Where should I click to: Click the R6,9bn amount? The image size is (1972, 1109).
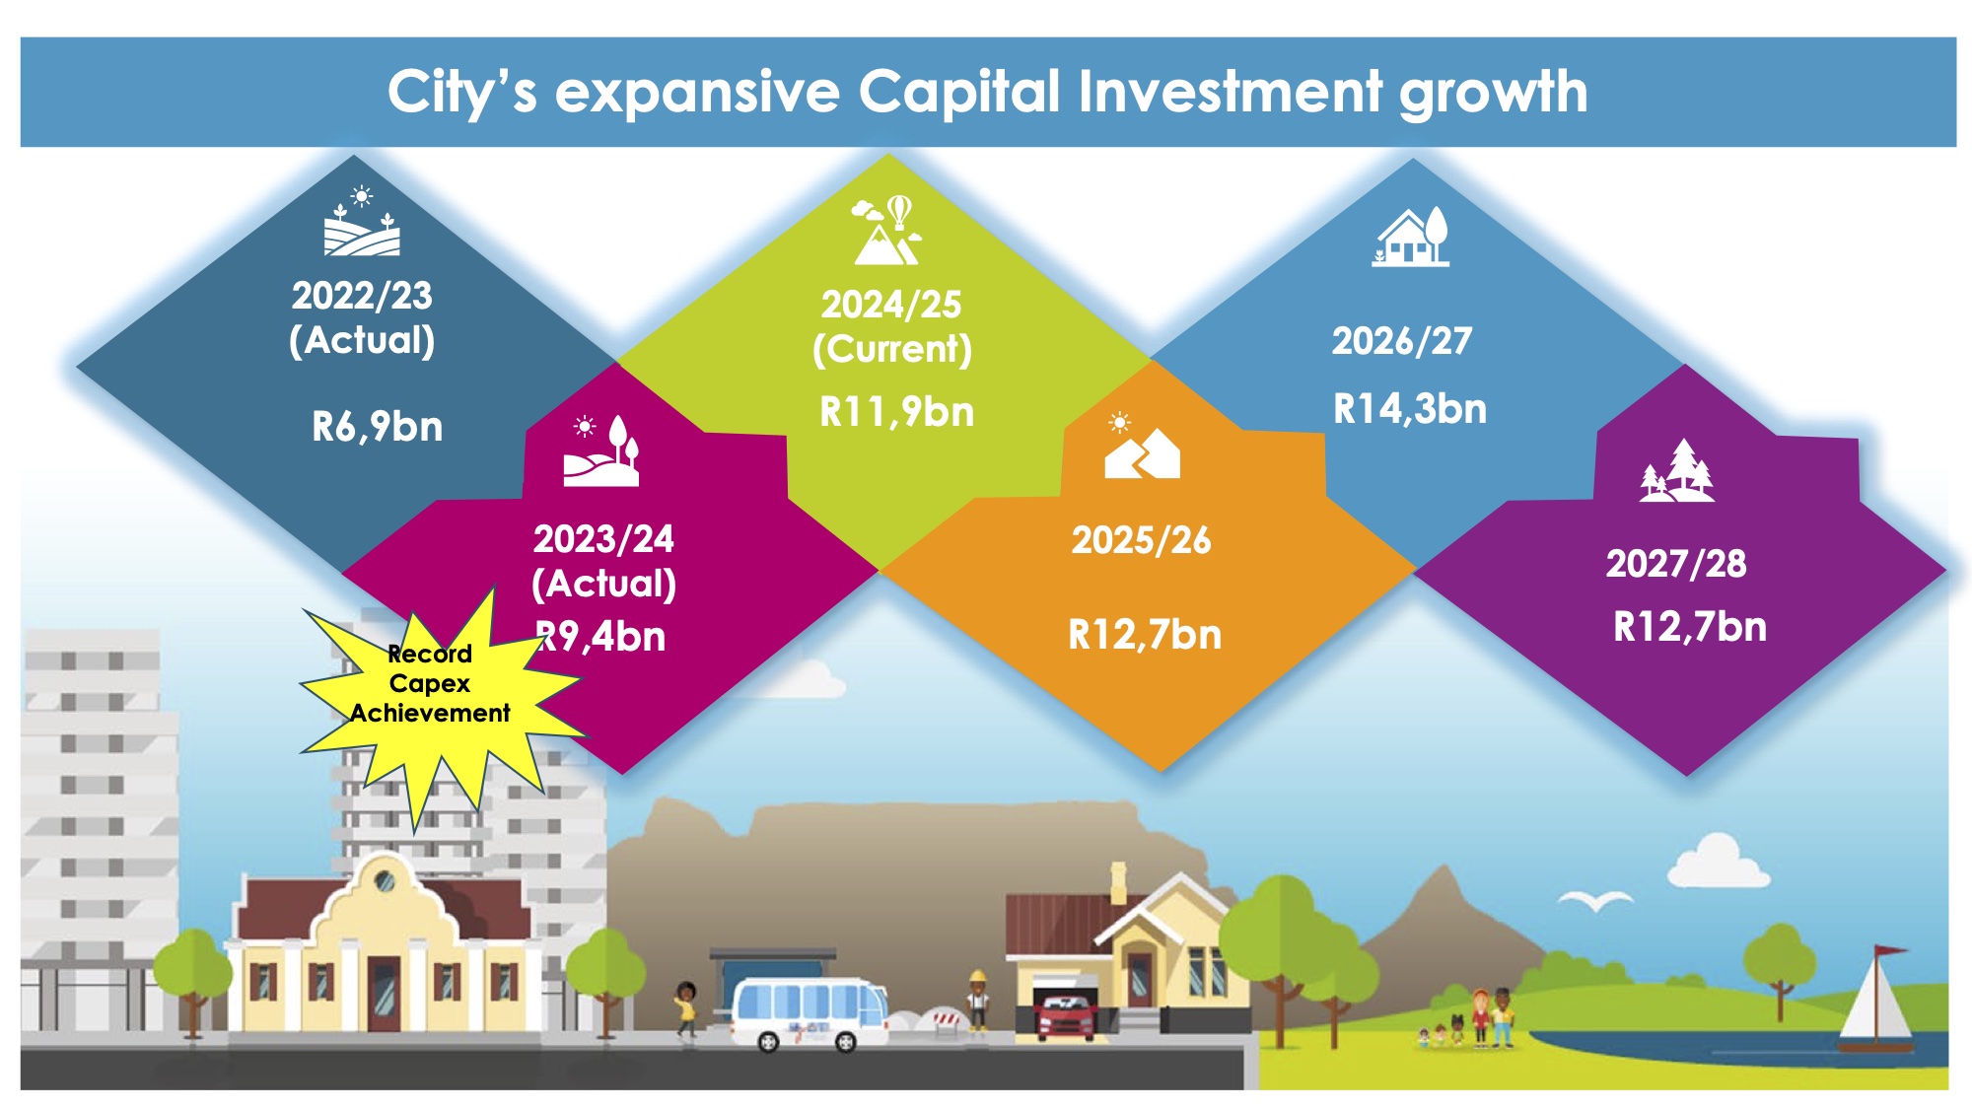tap(378, 427)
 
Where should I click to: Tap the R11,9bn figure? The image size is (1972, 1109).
tap(896, 412)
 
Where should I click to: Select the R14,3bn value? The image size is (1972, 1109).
tap(1410, 408)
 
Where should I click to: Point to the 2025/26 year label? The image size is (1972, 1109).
tap(1141, 540)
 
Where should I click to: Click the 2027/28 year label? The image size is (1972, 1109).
tap(1676, 564)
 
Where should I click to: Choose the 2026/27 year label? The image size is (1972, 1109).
tap(1402, 341)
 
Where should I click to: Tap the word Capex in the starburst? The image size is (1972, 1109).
tap(430, 684)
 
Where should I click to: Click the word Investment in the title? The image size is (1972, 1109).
tap(1230, 92)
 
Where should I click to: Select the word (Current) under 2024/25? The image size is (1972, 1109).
tap(892, 350)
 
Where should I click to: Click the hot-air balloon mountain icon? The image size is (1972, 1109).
tap(887, 231)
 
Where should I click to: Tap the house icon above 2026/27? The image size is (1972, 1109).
tap(1411, 237)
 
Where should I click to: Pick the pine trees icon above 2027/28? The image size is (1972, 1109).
tap(1676, 470)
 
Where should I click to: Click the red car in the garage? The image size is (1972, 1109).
tap(1065, 1016)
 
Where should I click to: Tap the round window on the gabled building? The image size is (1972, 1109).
tap(386, 880)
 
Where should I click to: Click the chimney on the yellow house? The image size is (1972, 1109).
tap(1118, 883)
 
